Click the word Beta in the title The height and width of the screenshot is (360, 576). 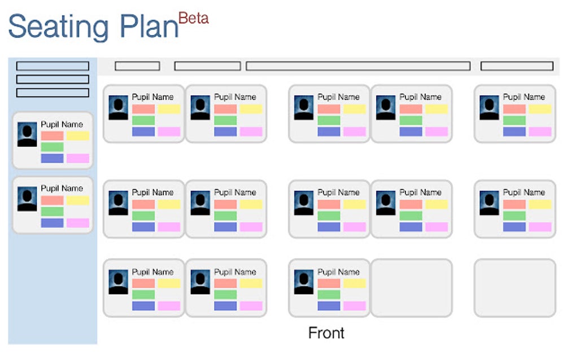pos(194,18)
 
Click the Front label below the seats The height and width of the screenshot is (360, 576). pos(326,333)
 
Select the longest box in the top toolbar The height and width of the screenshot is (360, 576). pos(358,66)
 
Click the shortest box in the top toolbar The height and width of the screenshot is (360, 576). pos(137,66)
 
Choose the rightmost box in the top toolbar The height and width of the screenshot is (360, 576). pos(517,66)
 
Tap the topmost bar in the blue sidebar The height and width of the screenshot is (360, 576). pos(53,66)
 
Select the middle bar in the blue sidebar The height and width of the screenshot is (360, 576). pos(53,80)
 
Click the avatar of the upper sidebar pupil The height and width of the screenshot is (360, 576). pos(27,135)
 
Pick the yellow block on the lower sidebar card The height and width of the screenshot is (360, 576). pos(78,200)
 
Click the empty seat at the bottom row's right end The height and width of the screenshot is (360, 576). pos(514,288)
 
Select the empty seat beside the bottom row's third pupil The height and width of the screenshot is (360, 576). pos(411,288)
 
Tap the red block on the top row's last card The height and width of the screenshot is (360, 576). pos(514,109)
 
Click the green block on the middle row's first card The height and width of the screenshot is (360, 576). pos(143,216)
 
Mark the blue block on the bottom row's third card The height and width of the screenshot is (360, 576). pos(329,306)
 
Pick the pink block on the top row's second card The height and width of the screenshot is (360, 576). pos(251,131)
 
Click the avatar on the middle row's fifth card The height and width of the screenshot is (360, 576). pos(489,203)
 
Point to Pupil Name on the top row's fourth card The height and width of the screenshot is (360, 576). pos(420,97)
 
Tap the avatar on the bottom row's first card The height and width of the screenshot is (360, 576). pos(119,282)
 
